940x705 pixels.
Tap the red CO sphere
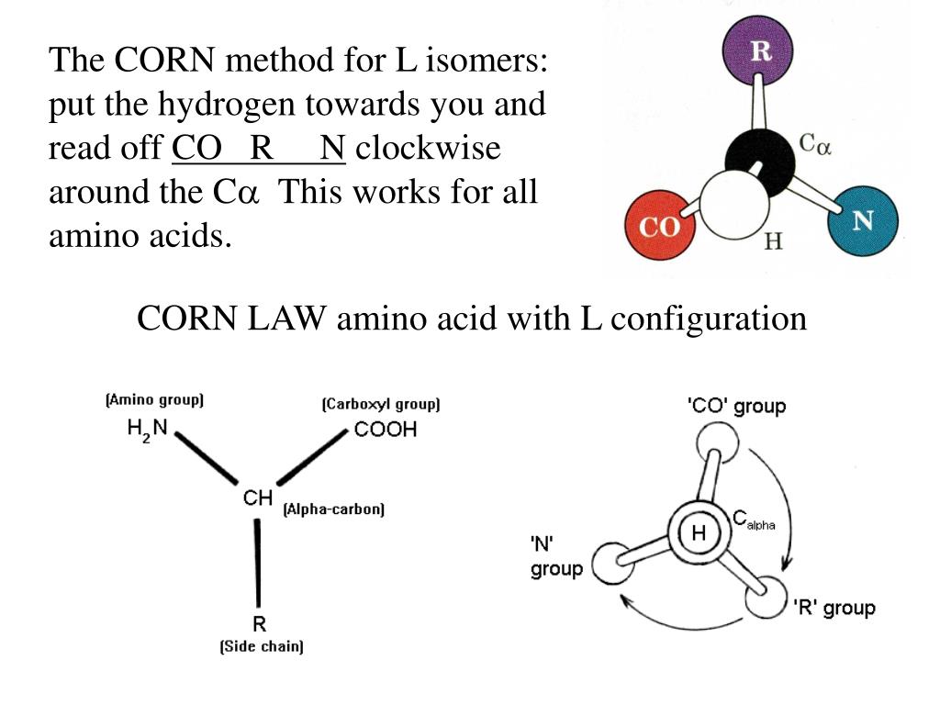point(660,227)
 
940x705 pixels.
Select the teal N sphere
point(862,220)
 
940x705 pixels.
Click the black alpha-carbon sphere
point(759,162)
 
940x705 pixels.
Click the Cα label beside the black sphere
point(814,144)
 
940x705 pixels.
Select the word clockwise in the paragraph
point(428,148)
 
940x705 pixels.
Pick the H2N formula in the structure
point(148,429)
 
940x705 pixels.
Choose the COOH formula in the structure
point(386,430)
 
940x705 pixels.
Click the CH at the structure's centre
point(258,498)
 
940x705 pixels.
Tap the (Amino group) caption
point(154,400)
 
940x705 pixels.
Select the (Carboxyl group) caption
point(381,404)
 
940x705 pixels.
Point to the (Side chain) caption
point(262,647)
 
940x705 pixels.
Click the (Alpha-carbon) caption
point(333,509)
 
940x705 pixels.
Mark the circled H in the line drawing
point(699,533)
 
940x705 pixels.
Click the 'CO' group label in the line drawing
point(736,405)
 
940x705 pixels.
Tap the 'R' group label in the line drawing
point(834,608)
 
